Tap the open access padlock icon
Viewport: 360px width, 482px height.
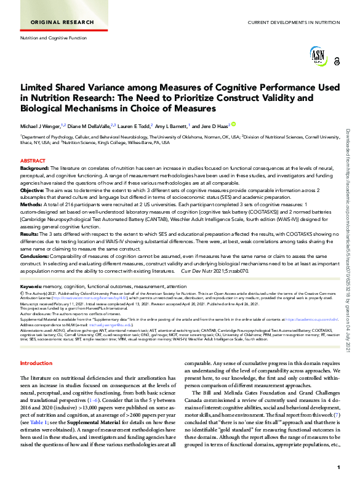point(337,61)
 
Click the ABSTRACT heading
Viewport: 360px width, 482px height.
point(33,161)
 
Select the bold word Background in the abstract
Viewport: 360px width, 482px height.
point(34,167)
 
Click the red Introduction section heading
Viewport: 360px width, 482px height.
point(36,364)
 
